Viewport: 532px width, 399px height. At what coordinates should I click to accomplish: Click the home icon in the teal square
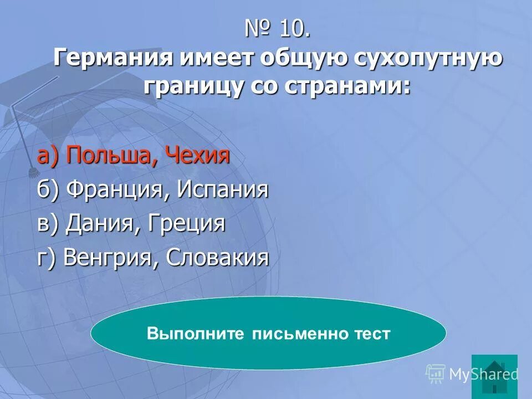click(494, 374)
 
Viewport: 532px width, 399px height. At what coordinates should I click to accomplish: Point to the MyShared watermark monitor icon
click(436, 374)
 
